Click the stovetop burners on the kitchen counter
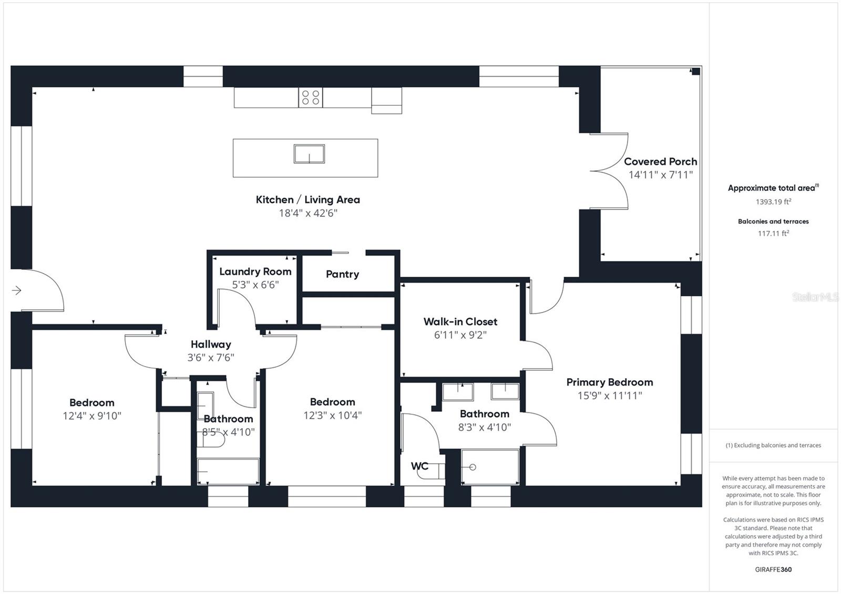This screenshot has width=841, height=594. (311, 98)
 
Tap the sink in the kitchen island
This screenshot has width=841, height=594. (309, 154)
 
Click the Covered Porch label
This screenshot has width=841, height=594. (660, 162)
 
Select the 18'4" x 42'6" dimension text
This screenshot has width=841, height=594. (307, 213)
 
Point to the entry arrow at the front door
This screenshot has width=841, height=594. (17, 290)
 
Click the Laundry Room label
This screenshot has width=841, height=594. (255, 272)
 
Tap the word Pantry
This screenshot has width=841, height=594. (342, 274)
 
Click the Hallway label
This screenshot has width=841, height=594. (211, 345)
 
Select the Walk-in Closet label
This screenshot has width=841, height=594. (460, 321)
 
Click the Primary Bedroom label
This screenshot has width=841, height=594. (609, 382)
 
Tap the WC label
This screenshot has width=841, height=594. (419, 466)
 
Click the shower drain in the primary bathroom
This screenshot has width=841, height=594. (473, 467)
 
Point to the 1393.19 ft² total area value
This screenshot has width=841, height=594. (773, 202)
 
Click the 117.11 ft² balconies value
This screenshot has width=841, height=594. (773, 234)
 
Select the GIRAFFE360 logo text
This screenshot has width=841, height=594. (773, 569)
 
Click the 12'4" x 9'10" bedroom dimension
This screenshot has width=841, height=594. (92, 416)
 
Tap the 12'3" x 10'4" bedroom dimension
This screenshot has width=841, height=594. (332, 415)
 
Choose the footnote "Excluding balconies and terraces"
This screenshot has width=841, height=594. (773, 445)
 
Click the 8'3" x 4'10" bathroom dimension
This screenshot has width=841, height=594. (484, 428)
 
